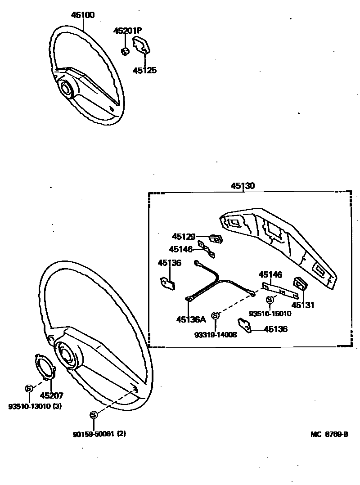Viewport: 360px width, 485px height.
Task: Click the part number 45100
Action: [x=83, y=15]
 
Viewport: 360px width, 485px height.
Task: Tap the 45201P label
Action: [x=127, y=31]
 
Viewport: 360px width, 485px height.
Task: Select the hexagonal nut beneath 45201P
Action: [x=126, y=49]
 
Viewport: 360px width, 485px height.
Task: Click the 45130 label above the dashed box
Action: [x=243, y=186]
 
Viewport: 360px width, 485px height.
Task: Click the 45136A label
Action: [x=191, y=320]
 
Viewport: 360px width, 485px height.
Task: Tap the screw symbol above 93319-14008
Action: [x=215, y=315]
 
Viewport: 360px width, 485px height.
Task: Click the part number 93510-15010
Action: [x=270, y=314]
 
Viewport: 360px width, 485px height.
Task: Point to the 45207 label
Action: [x=51, y=396]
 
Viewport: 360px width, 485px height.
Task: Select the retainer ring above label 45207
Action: [x=45, y=367]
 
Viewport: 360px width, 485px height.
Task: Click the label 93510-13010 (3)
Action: [x=35, y=407]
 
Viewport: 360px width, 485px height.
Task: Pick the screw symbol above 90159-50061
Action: [x=94, y=414]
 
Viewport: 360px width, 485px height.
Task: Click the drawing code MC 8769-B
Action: [x=329, y=434]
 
